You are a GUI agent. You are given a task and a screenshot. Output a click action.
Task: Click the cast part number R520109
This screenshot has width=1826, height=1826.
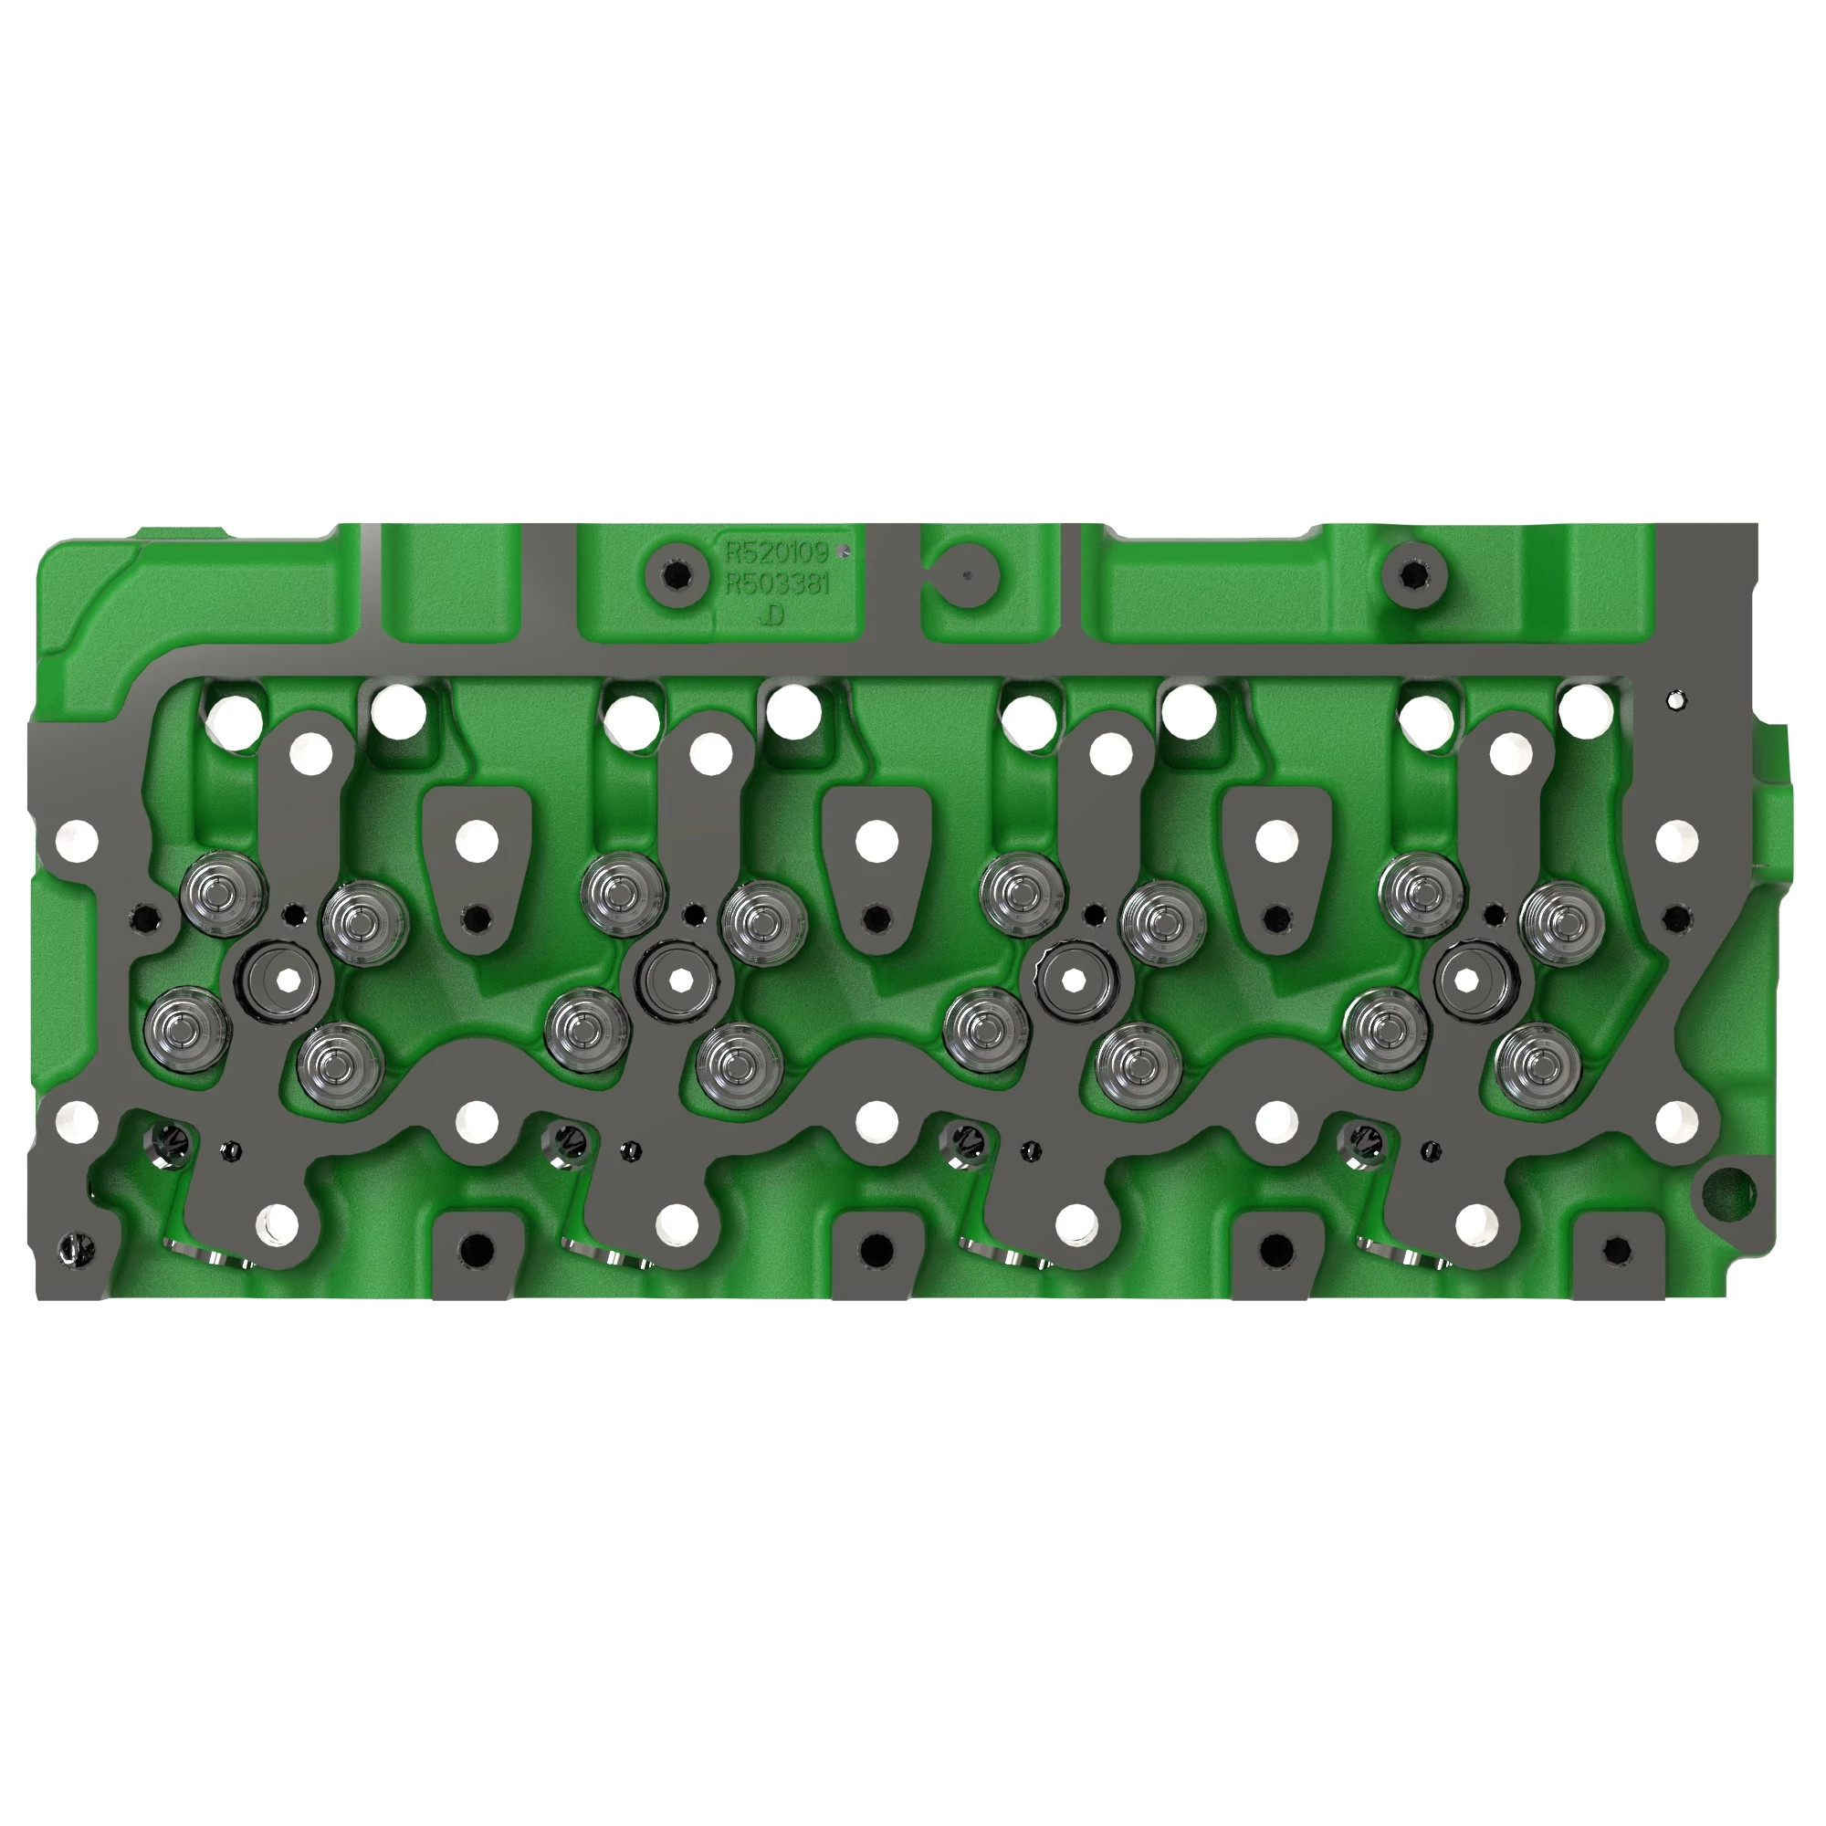(x=776, y=552)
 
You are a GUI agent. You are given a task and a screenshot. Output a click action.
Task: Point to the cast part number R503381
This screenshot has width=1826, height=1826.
(x=776, y=584)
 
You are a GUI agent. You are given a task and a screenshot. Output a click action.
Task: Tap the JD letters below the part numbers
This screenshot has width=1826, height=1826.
(x=772, y=616)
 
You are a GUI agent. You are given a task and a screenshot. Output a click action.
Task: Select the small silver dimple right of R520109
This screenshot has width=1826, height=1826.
(x=846, y=552)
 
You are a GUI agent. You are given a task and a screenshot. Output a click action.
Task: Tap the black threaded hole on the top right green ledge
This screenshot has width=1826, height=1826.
(x=1412, y=574)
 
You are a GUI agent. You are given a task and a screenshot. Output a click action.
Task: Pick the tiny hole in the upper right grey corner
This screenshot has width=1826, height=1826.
(x=1674, y=701)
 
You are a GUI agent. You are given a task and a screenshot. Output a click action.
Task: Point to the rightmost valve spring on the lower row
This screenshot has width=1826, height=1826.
(x=1537, y=1068)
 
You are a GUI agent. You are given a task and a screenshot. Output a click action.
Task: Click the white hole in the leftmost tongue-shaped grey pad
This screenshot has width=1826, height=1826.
(x=477, y=840)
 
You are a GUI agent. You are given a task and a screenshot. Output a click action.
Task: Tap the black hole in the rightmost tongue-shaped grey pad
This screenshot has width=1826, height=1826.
(x=1276, y=917)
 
